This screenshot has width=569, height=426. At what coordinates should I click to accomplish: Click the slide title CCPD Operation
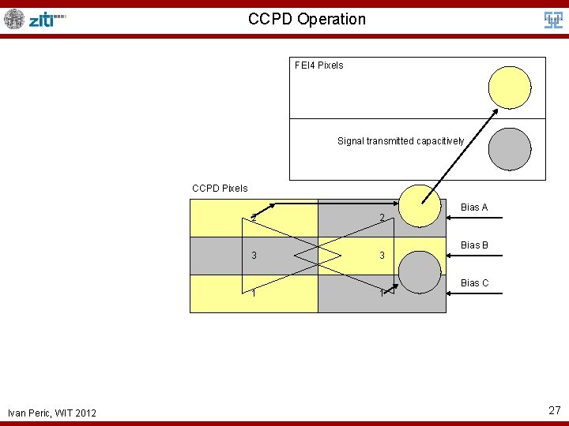tap(307, 19)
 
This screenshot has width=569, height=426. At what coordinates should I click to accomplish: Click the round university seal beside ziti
tap(14, 19)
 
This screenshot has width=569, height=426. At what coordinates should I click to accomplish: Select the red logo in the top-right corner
tap(553, 20)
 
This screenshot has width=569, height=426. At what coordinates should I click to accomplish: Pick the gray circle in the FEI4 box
tap(509, 148)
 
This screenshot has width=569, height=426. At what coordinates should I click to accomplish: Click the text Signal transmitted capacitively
tap(401, 141)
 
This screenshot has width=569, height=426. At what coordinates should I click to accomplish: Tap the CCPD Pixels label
tap(220, 188)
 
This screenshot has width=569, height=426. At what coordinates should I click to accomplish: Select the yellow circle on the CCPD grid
tap(420, 206)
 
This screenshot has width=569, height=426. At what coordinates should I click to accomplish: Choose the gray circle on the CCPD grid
tap(420, 272)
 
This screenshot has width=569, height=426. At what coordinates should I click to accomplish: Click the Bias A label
tap(474, 207)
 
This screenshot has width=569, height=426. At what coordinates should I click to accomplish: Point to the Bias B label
tap(474, 245)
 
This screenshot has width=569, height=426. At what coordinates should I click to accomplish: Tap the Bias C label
tap(474, 283)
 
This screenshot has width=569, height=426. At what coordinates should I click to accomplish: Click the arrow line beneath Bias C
tap(474, 293)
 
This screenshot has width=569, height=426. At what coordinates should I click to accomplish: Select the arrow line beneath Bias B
tap(474, 255)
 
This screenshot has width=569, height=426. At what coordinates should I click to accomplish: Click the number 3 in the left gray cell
tap(254, 256)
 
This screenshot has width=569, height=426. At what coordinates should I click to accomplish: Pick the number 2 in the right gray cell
tap(381, 218)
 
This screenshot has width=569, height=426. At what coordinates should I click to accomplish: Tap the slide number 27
tap(554, 410)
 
